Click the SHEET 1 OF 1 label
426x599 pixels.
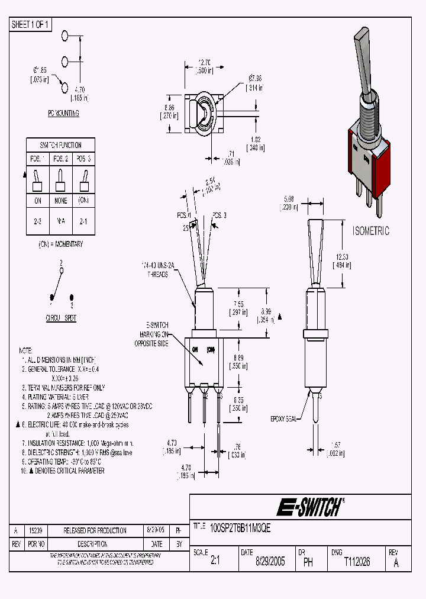tap(31, 24)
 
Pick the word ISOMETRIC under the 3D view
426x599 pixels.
tap(371, 231)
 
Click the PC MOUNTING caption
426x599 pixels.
tap(63, 114)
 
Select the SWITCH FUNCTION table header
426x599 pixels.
tap(60, 145)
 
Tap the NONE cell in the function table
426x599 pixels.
tap(60, 201)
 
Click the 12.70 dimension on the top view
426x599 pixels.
tap(205, 63)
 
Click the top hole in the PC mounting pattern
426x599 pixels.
tap(64, 37)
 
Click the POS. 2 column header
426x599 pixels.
tap(60, 159)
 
